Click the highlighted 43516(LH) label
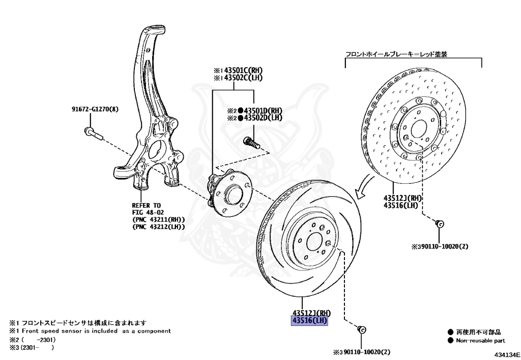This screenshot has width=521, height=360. click(x=309, y=321)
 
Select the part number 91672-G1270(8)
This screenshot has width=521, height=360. click(x=94, y=109)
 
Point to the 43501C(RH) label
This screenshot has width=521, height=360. click(x=238, y=70)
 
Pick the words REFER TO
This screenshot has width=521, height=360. click(x=147, y=206)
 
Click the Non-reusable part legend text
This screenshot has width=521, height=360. click(x=480, y=340)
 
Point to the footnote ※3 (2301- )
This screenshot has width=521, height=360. click(x=32, y=348)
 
